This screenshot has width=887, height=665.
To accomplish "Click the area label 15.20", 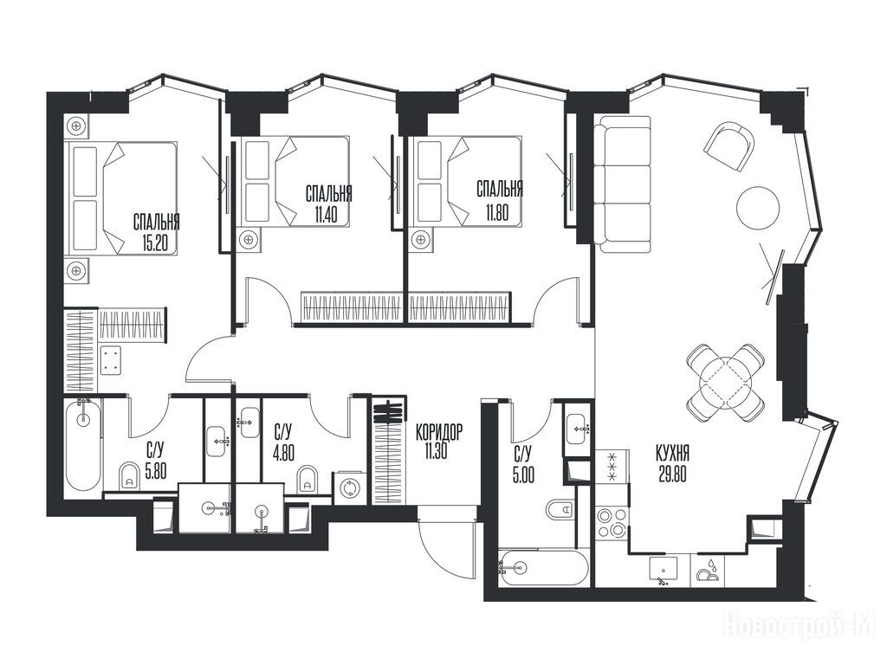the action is [156, 242].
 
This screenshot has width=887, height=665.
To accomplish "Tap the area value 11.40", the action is [329, 215].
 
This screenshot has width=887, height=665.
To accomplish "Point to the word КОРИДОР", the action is [438, 432].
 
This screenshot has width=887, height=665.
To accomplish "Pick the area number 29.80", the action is [672, 474].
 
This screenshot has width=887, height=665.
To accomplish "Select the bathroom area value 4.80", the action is [283, 453].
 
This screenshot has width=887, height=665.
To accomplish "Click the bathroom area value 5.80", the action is [156, 470].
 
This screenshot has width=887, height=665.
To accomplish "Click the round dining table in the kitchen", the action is [726, 382].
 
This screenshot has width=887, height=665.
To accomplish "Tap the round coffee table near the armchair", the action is [758, 208].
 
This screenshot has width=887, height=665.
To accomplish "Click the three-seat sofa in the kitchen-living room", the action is [622, 184].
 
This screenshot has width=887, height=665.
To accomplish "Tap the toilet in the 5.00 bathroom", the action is [561, 509].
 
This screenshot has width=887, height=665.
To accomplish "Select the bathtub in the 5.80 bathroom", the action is [83, 446].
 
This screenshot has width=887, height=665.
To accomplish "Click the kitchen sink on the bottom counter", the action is [663, 571].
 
